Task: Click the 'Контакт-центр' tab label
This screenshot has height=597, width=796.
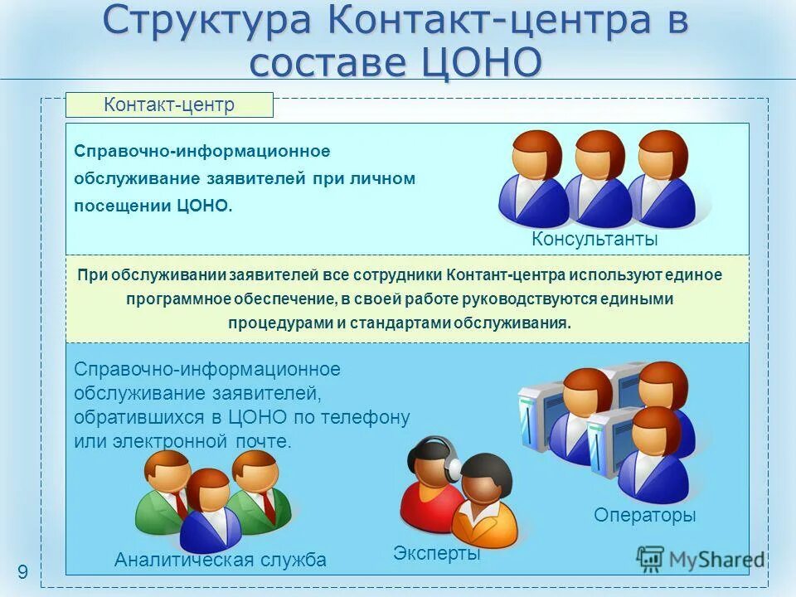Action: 169,104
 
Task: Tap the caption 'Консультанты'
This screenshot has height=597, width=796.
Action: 595,240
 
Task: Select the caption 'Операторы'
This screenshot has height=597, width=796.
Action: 644,516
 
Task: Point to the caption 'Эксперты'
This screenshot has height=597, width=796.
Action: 437,553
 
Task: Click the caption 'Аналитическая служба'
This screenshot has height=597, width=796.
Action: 220,561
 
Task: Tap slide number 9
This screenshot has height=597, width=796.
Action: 22,570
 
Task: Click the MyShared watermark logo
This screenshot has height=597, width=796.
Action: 701,559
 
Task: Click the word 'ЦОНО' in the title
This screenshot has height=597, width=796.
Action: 481,63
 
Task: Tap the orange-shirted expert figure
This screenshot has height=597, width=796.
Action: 486,502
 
